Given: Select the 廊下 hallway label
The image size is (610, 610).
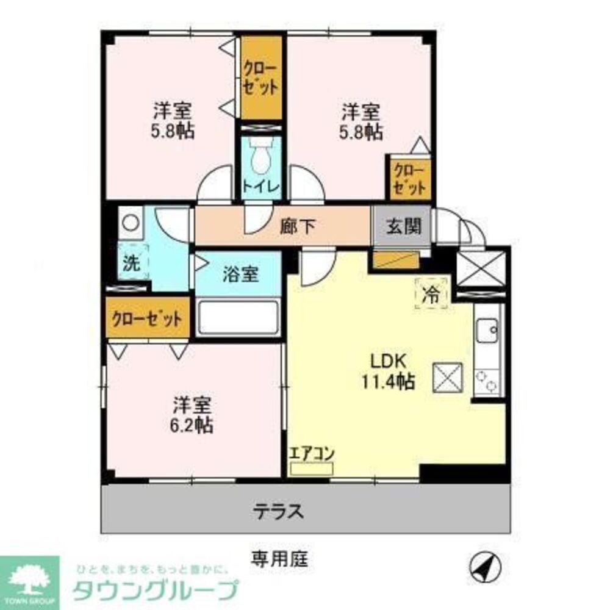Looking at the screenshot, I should [x=298, y=227].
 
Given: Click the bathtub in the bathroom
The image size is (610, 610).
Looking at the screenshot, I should [x=238, y=317].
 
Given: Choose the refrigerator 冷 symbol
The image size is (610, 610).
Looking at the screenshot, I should [x=433, y=292].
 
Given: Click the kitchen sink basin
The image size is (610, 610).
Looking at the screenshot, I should [x=489, y=332].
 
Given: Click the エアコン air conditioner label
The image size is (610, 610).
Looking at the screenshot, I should [x=311, y=454].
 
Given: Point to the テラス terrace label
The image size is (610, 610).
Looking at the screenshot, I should [x=278, y=510].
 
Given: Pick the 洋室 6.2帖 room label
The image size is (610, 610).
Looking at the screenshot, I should [x=192, y=415].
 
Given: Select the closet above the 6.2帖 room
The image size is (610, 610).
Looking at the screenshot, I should [x=147, y=318].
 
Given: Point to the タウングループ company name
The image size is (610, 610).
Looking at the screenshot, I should [x=155, y=590].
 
